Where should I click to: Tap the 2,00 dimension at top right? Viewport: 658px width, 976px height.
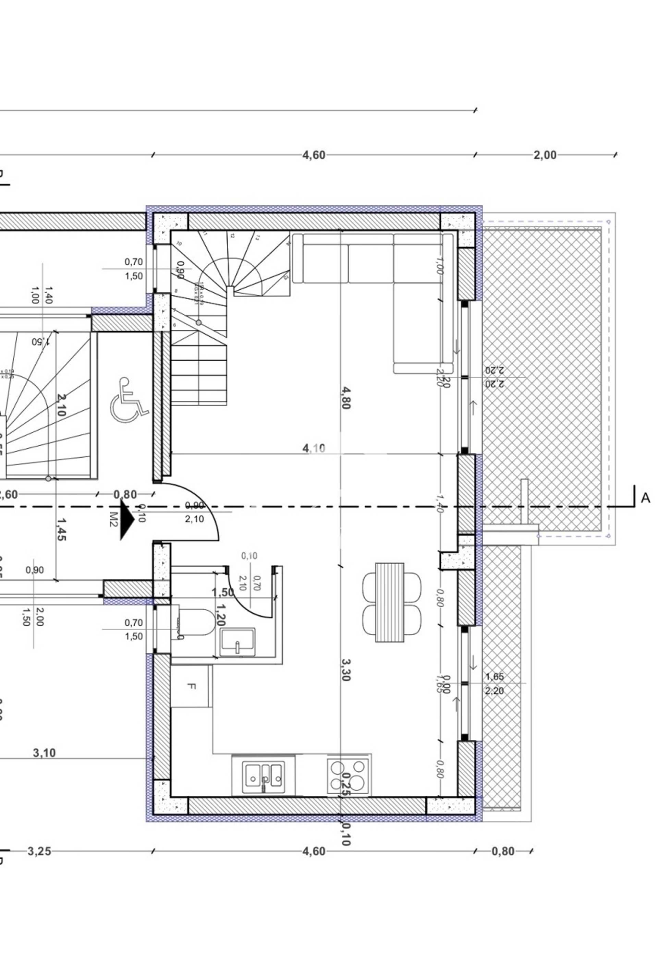545,155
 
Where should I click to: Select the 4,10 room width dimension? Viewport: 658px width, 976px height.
314,448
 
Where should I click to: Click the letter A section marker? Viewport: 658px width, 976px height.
645,498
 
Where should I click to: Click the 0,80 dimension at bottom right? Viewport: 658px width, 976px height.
503,851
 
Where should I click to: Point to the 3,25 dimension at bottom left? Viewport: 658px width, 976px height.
39,851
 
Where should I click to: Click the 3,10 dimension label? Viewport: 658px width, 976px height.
44,753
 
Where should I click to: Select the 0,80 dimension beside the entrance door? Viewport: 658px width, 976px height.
125,494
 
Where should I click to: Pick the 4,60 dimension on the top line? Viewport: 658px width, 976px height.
314,155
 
